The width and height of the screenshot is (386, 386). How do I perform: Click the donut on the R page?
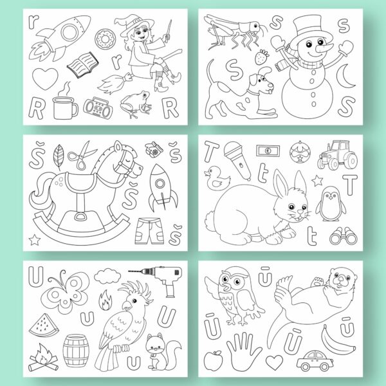[x=105, y=39]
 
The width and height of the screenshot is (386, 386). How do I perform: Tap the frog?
[x=136, y=104]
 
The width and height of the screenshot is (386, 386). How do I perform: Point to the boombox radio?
[x=98, y=108]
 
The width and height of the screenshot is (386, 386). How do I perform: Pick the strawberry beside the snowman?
[x=261, y=57]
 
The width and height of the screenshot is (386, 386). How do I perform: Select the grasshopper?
[x=234, y=32]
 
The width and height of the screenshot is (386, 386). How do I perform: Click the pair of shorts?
[x=149, y=231]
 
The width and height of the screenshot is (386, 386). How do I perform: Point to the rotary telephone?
[x=153, y=149]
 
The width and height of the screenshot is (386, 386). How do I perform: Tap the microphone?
[x=237, y=160]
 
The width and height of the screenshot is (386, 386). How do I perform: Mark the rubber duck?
[x=216, y=178]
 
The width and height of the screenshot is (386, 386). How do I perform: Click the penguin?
[x=331, y=204]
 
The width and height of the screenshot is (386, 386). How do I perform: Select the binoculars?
[x=343, y=235]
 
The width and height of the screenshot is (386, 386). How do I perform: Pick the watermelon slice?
[x=44, y=326]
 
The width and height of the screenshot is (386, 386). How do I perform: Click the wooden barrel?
[x=76, y=351]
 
